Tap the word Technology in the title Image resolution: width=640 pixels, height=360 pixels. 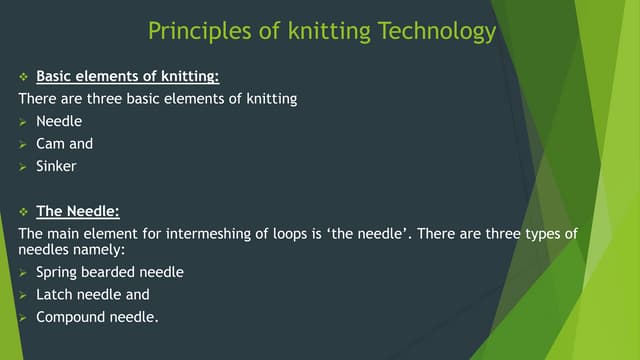click(x=438, y=32)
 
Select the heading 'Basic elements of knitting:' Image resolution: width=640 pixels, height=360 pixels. click(x=127, y=76)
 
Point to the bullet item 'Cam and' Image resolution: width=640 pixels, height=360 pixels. click(x=64, y=143)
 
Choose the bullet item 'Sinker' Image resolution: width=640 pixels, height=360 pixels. click(x=56, y=166)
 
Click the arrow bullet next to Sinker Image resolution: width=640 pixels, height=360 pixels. click(x=24, y=166)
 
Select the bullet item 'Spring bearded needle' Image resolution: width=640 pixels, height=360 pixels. click(x=110, y=272)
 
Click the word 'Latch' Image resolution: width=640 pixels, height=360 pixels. click(x=55, y=295)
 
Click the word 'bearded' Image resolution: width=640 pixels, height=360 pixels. click(x=111, y=272)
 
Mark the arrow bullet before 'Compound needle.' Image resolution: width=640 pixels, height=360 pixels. click(x=24, y=318)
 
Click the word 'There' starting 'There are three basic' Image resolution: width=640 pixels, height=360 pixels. click(x=39, y=99)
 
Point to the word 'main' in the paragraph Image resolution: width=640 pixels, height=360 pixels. click(x=65, y=233)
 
